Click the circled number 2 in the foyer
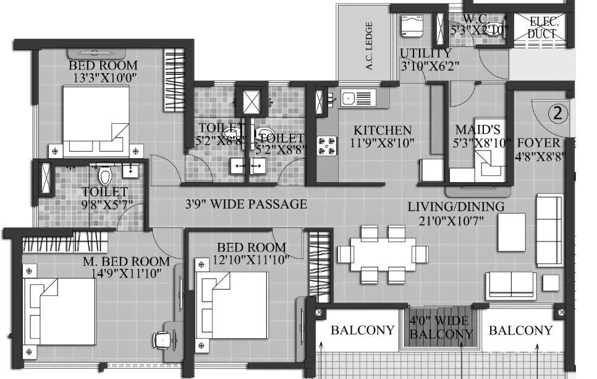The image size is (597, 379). [557, 113]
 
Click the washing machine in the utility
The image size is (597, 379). [410, 27]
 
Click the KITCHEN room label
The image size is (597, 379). [382, 131]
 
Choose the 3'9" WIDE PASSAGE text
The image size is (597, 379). [247, 204]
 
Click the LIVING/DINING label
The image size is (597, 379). [455, 206]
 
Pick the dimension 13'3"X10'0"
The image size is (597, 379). [103, 78]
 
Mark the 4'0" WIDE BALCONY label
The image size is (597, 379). [441, 328]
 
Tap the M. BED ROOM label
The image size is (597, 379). [126, 261]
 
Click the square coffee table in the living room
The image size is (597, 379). [511, 232]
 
